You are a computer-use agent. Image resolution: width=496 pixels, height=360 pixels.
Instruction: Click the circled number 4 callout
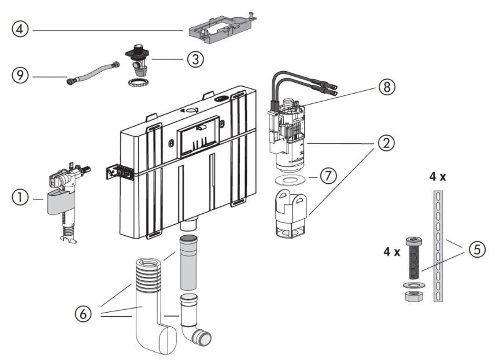pyautogui.click(x=20, y=29)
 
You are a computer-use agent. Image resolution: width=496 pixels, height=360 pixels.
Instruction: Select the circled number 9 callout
pyautogui.click(x=20, y=75)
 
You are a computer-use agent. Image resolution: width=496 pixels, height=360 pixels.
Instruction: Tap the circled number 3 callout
pyautogui.click(x=195, y=60)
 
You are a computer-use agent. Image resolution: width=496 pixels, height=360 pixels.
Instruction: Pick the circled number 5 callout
pyautogui.click(x=477, y=250)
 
